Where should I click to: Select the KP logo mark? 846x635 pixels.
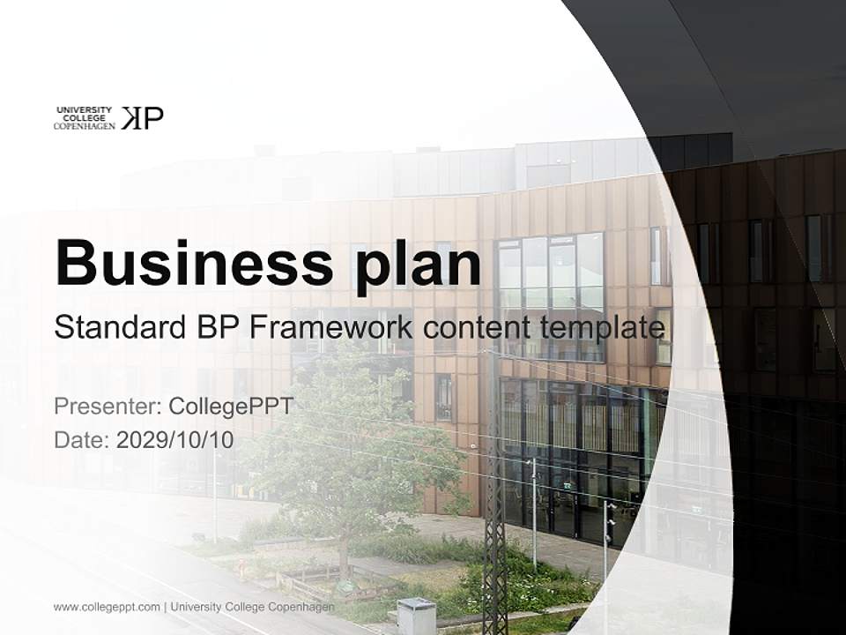(142, 118)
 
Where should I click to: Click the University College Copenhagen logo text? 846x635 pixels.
(85, 118)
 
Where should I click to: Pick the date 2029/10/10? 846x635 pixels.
(175, 440)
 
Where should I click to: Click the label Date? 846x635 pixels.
(81, 440)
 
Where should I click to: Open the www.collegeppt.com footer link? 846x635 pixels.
(107, 607)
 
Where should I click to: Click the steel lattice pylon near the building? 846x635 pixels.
(494, 494)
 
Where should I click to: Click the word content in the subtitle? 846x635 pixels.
(477, 328)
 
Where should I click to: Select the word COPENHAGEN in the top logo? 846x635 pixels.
(85, 126)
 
